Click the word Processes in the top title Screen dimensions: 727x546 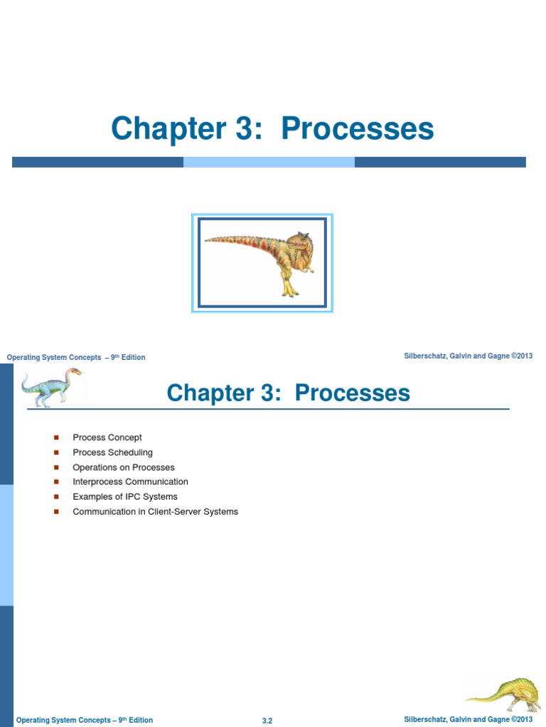[x=357, y=129]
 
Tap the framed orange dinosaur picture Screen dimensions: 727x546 [x=262, y=263]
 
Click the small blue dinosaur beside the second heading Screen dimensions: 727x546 [x=48, y=387]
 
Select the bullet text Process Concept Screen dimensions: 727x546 [x=107, y=437]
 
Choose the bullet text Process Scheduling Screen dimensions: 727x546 [x=112, y=452]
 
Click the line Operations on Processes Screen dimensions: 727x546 [x=123, y=467]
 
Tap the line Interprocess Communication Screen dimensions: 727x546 [x=130, y=482]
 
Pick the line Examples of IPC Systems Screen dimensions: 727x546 [x=124, y=497]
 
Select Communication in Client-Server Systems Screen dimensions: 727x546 [x=155, y=512]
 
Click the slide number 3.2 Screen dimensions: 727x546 [x=267, y=721]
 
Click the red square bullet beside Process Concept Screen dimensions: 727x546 [x=56, y=437]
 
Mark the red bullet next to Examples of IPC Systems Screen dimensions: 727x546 [x=56, y=497]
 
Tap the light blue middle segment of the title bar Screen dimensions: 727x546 [x=269, y=162]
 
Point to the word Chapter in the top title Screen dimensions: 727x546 [x=168, y=129]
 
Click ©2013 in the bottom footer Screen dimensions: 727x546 [x=521, y=719]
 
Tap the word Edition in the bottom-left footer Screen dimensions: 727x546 [x=141, y=720]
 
